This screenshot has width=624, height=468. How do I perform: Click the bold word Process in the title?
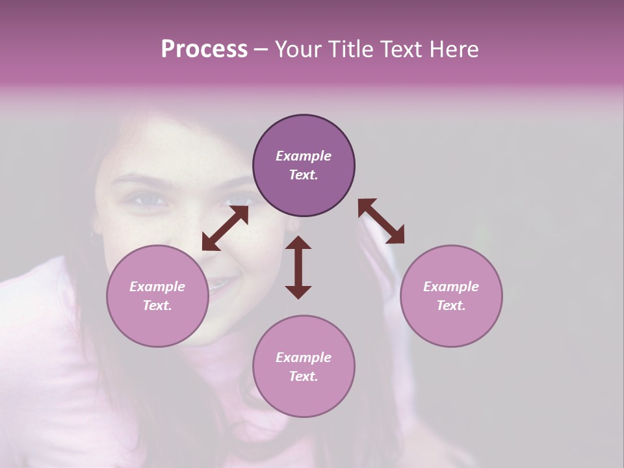[204, 49]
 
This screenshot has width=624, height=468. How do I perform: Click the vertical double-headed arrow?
[298, 266]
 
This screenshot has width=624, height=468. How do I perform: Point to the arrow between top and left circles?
[225, 227]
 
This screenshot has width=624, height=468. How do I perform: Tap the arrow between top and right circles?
[381, 221]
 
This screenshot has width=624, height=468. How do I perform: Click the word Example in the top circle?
[304, 156]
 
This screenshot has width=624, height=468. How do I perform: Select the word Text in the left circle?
[157, 305]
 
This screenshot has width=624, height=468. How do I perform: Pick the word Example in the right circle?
[451, 287]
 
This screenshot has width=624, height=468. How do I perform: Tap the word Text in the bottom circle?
[304, 376]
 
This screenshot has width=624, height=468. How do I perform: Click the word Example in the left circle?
[157, 287]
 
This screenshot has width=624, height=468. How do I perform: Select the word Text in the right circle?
[451, 305]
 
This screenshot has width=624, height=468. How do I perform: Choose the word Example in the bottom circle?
[304, 357]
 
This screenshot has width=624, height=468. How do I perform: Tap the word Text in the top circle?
[304, 175]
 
